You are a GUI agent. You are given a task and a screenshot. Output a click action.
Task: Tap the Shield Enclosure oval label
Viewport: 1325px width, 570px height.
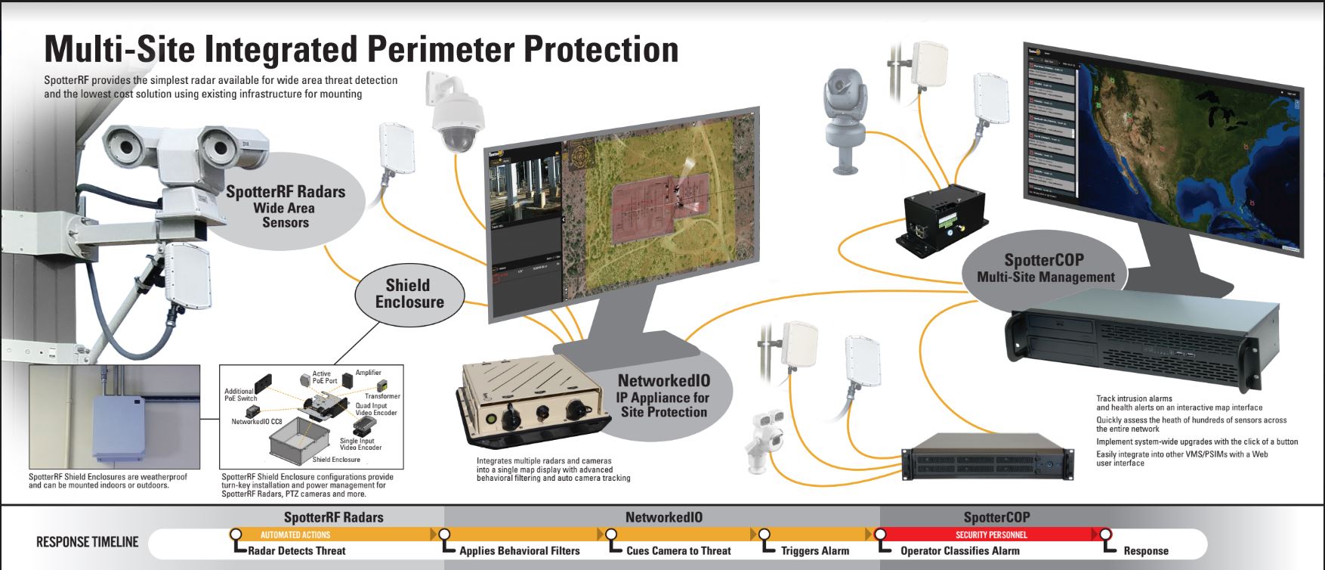coord(409,293)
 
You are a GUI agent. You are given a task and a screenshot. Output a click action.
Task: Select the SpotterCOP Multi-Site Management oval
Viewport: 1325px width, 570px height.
coord(1045,268)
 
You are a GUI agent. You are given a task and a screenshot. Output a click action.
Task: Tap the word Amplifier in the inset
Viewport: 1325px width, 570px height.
coord(369,373)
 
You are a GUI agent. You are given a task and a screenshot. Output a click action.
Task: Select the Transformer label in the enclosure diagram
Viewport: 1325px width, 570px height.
coord(382,396)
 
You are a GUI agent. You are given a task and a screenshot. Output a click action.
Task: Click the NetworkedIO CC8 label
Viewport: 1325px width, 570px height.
coord(257,422)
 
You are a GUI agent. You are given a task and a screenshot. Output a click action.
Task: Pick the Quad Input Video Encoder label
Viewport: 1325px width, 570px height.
coord(375,410)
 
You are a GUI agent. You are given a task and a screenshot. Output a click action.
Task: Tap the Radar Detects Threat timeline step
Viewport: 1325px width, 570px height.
coord(296,551)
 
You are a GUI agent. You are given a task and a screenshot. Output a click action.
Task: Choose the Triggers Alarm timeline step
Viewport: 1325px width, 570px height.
coord(815,551)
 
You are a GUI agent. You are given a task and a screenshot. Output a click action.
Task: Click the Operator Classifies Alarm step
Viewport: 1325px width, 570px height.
coord(959,551)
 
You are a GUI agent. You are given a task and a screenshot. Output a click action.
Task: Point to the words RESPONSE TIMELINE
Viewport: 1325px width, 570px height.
coord(88,542)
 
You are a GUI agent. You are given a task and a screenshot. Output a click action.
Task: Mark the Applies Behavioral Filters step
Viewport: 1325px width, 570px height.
coord(520,551)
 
